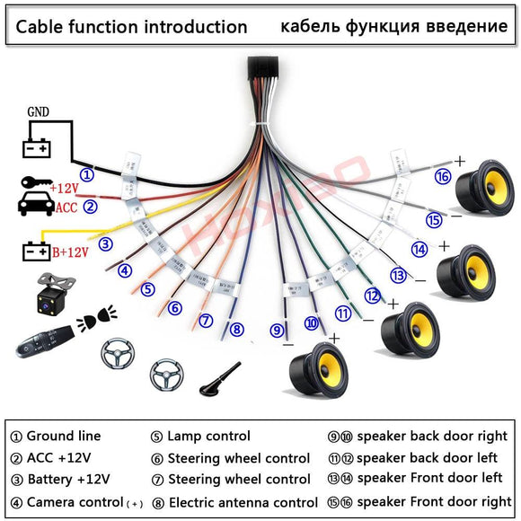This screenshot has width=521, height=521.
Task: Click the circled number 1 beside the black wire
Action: click(86, 174)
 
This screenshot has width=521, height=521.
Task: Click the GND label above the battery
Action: click(39, 113)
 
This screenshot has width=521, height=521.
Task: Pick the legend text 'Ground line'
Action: click(63, 437)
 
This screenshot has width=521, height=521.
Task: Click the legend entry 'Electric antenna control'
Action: click(243, 502)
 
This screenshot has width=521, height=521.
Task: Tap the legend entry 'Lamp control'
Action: click(208, 437)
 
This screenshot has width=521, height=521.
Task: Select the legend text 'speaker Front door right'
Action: click(434, 501)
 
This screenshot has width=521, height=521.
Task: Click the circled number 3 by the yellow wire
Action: click(105, 243)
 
